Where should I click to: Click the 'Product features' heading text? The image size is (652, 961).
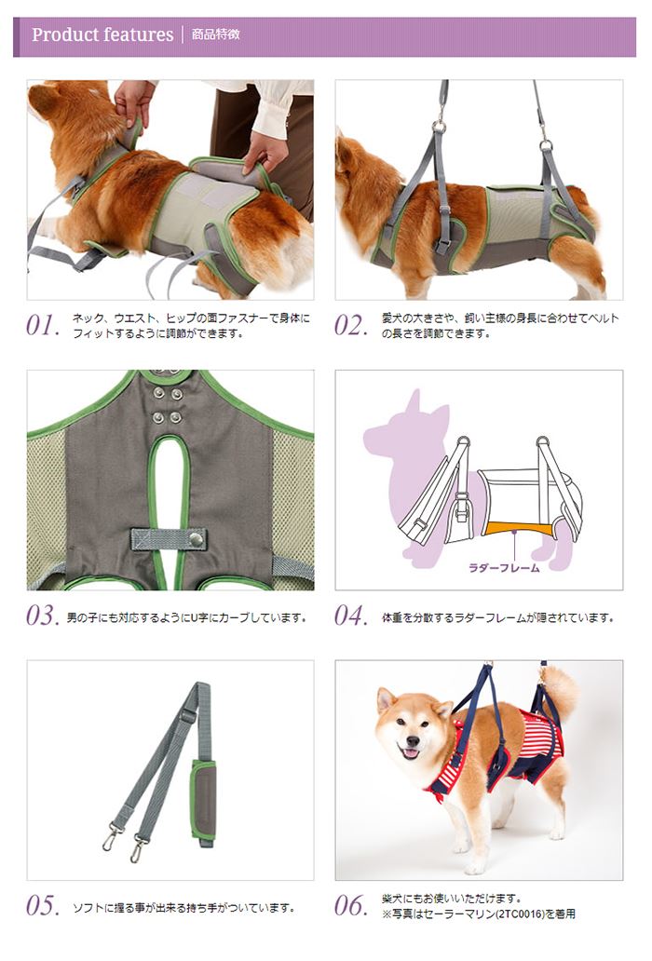(x=102, y=35)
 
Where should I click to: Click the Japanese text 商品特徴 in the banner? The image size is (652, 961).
(x=215, y=35)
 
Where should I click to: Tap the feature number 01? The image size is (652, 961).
(x=43, y=325)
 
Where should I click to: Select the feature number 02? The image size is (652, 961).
(x=351, y=325)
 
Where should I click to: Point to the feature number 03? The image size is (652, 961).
(x=43, y=616)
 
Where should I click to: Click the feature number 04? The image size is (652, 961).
(x=351, y=616)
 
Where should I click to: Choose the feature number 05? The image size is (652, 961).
(x=43, y=906)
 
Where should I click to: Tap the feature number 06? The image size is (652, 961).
(x=351, y=906)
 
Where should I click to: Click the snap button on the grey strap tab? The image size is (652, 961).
(x=197, y=537)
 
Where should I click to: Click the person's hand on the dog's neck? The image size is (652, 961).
(x=132, y=102)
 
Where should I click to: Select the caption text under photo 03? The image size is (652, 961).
(x=186, y=617)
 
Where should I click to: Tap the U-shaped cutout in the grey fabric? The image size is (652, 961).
(x=170, y=484)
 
